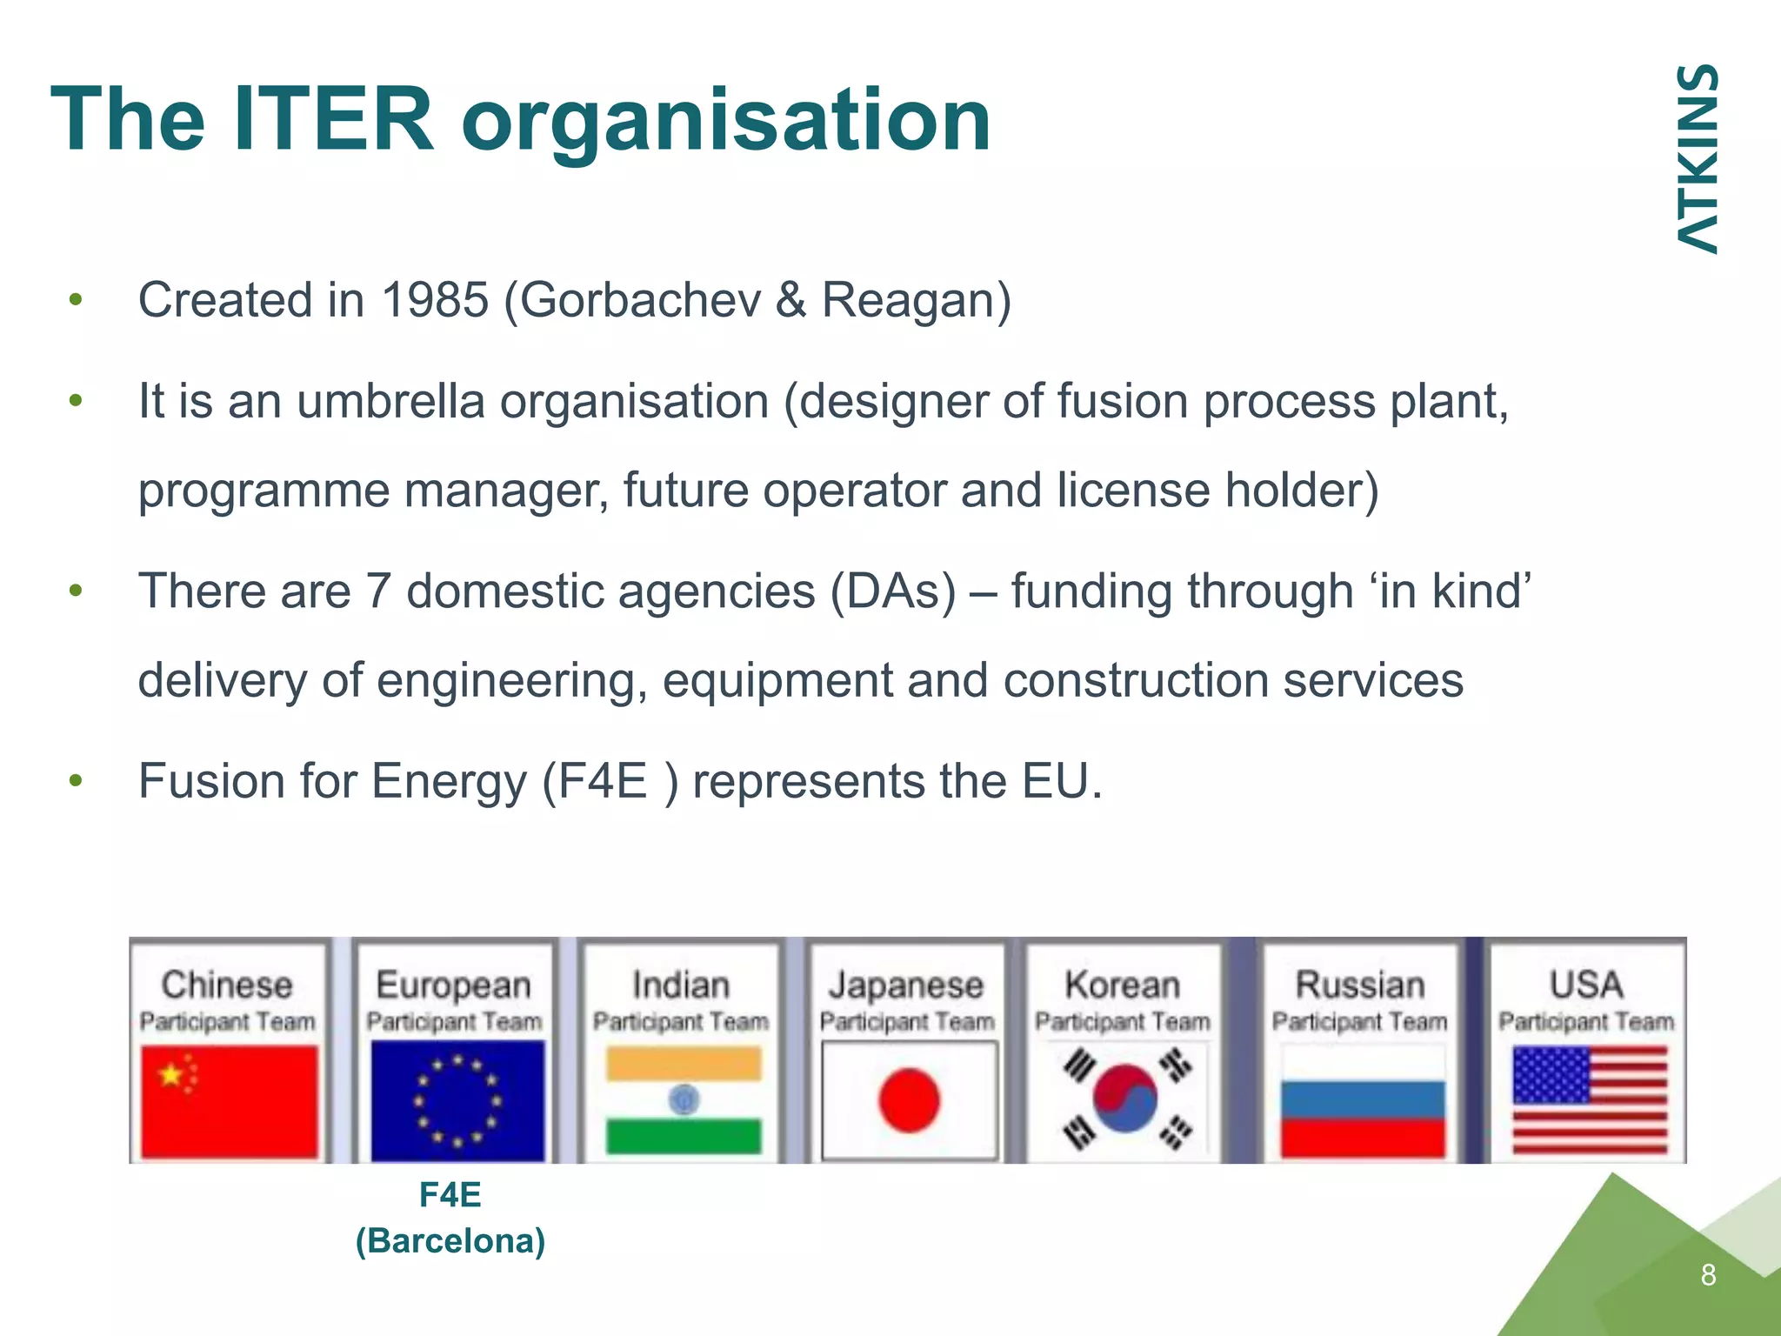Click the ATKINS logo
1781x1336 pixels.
point(1696,159)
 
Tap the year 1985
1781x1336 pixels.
point(435,300)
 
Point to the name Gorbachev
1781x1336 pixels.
point(640,300)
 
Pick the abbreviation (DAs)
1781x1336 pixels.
point(892,591)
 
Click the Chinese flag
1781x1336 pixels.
point(230,1100)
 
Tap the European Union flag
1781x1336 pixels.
point(457,1100)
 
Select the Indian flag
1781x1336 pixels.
point(684,1100)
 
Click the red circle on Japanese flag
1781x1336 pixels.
point(909,1100)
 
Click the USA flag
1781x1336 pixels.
point(1590,1100)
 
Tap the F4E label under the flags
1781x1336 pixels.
point(450,1194)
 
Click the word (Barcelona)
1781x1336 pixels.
point(450,1240)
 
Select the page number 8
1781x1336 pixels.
point(1708,1275)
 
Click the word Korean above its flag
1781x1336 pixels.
point(1122,985)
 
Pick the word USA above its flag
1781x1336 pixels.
point(1586,985)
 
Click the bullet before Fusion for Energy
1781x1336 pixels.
point(77,780)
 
